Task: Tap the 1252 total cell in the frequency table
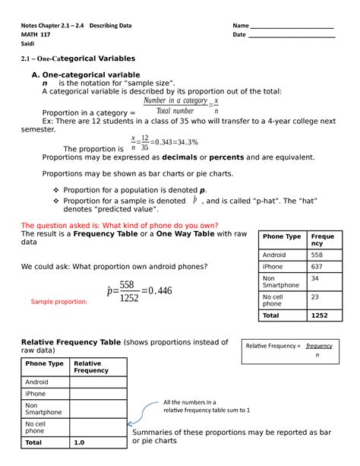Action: (319, 315)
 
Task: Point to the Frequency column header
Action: (323, 241)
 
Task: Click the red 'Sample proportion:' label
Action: (58, 302)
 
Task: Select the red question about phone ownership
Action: (119, 225)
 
